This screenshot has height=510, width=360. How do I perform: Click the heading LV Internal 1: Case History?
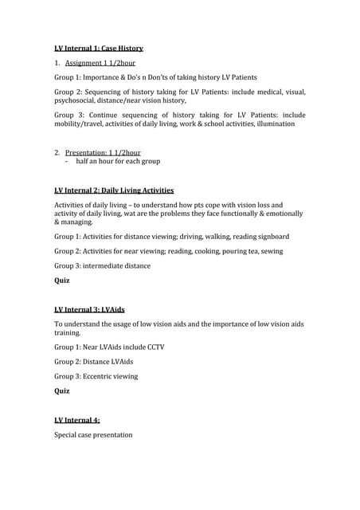(99, 49)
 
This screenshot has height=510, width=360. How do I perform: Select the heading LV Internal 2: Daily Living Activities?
(114, 190)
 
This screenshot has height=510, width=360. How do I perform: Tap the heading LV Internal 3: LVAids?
(90, 308)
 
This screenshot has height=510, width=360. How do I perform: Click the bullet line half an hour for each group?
(118, 161)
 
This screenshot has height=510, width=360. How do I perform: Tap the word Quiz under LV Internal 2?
(62, 280)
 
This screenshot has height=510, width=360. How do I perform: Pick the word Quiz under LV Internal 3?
(62, 391)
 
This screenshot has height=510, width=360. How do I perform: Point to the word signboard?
(271, 237)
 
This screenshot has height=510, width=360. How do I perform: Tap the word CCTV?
(155, 347)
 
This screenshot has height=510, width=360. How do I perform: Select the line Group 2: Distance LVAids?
(94, 362)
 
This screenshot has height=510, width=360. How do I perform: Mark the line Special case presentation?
(93, 435)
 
